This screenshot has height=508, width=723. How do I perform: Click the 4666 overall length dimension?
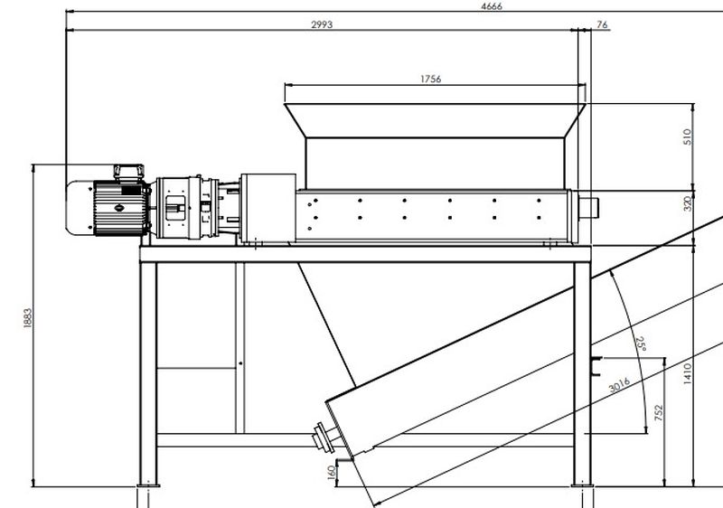tap(492, 5)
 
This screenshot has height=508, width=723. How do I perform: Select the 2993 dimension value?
tap(321, 25)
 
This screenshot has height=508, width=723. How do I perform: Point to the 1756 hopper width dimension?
tap(430, 80)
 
